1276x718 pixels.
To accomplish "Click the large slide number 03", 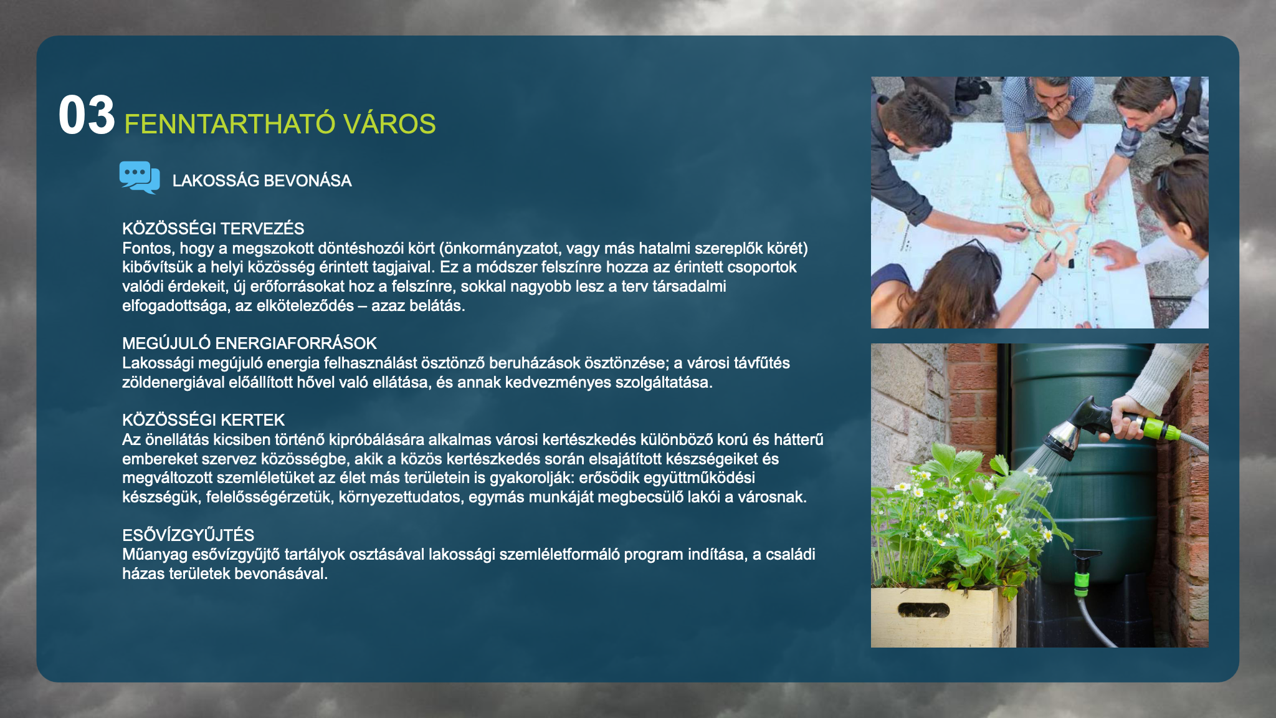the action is pyautogui.click(x=87, y=115).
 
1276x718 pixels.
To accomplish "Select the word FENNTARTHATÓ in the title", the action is pyautogui.click(x=230, y=124).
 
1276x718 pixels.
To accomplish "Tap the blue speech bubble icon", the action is pyautogui.click(x=140, y=178).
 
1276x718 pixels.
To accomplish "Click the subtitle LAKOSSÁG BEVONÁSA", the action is pyautogui.click(x=262, y=181).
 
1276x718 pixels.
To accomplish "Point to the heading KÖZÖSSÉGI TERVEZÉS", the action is pyautogui.click(x=213, y=228).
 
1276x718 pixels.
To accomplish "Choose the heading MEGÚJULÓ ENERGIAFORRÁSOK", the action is pyautogui.click(x=249, y=343).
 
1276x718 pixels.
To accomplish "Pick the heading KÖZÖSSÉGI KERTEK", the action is pyautogui.click(x=203, y=420).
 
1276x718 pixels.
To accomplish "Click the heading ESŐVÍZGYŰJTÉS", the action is pyautogui.click(x=188, y=535).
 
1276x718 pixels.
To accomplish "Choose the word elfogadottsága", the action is pyautogui.click(x=176, y=306).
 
